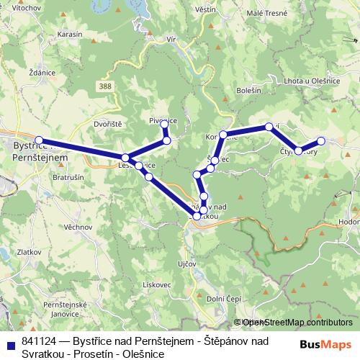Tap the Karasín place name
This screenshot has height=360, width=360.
pyautogui.click(x=70, y=34)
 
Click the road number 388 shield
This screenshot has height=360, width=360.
pyautogui.click(x=107, y=86)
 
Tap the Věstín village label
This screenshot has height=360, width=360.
pyautogui.click(x=205, y=9)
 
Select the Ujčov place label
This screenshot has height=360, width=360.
pyautogui.click(x=186, y=264)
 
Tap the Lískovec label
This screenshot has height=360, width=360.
pyautogui.click(x=176, y=284)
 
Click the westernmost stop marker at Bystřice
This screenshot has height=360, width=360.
pyautogui.click(x=39, y=141)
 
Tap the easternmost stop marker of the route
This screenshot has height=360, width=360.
pyautogui.click(x=321, y=141)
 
